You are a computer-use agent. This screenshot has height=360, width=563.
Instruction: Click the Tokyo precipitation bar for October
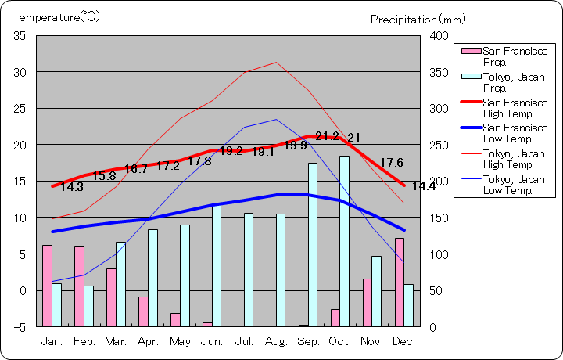(344, 241)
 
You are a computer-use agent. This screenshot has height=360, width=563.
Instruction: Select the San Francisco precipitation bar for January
(47, 286)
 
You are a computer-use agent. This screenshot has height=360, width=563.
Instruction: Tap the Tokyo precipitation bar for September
(313, 244)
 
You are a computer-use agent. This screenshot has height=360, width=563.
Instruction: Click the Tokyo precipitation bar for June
(217, 265)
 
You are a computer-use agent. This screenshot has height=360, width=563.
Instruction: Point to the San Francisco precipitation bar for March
(111, 297)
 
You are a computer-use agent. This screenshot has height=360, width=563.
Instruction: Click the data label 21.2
(328, 137)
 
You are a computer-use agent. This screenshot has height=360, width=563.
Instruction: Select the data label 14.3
(71, 187)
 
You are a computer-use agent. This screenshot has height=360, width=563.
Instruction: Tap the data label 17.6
(391, 163)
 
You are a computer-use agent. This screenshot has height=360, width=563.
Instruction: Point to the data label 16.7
(136, 169)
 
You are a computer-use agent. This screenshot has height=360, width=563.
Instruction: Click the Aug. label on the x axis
(275, 341)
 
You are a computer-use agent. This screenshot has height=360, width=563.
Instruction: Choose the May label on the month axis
(180, 341)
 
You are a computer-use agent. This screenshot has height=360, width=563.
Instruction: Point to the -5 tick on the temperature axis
(20, 326)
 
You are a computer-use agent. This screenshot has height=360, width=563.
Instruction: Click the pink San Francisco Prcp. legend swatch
(471, 52)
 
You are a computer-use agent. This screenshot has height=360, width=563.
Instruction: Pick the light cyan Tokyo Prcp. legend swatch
(471, 77)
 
